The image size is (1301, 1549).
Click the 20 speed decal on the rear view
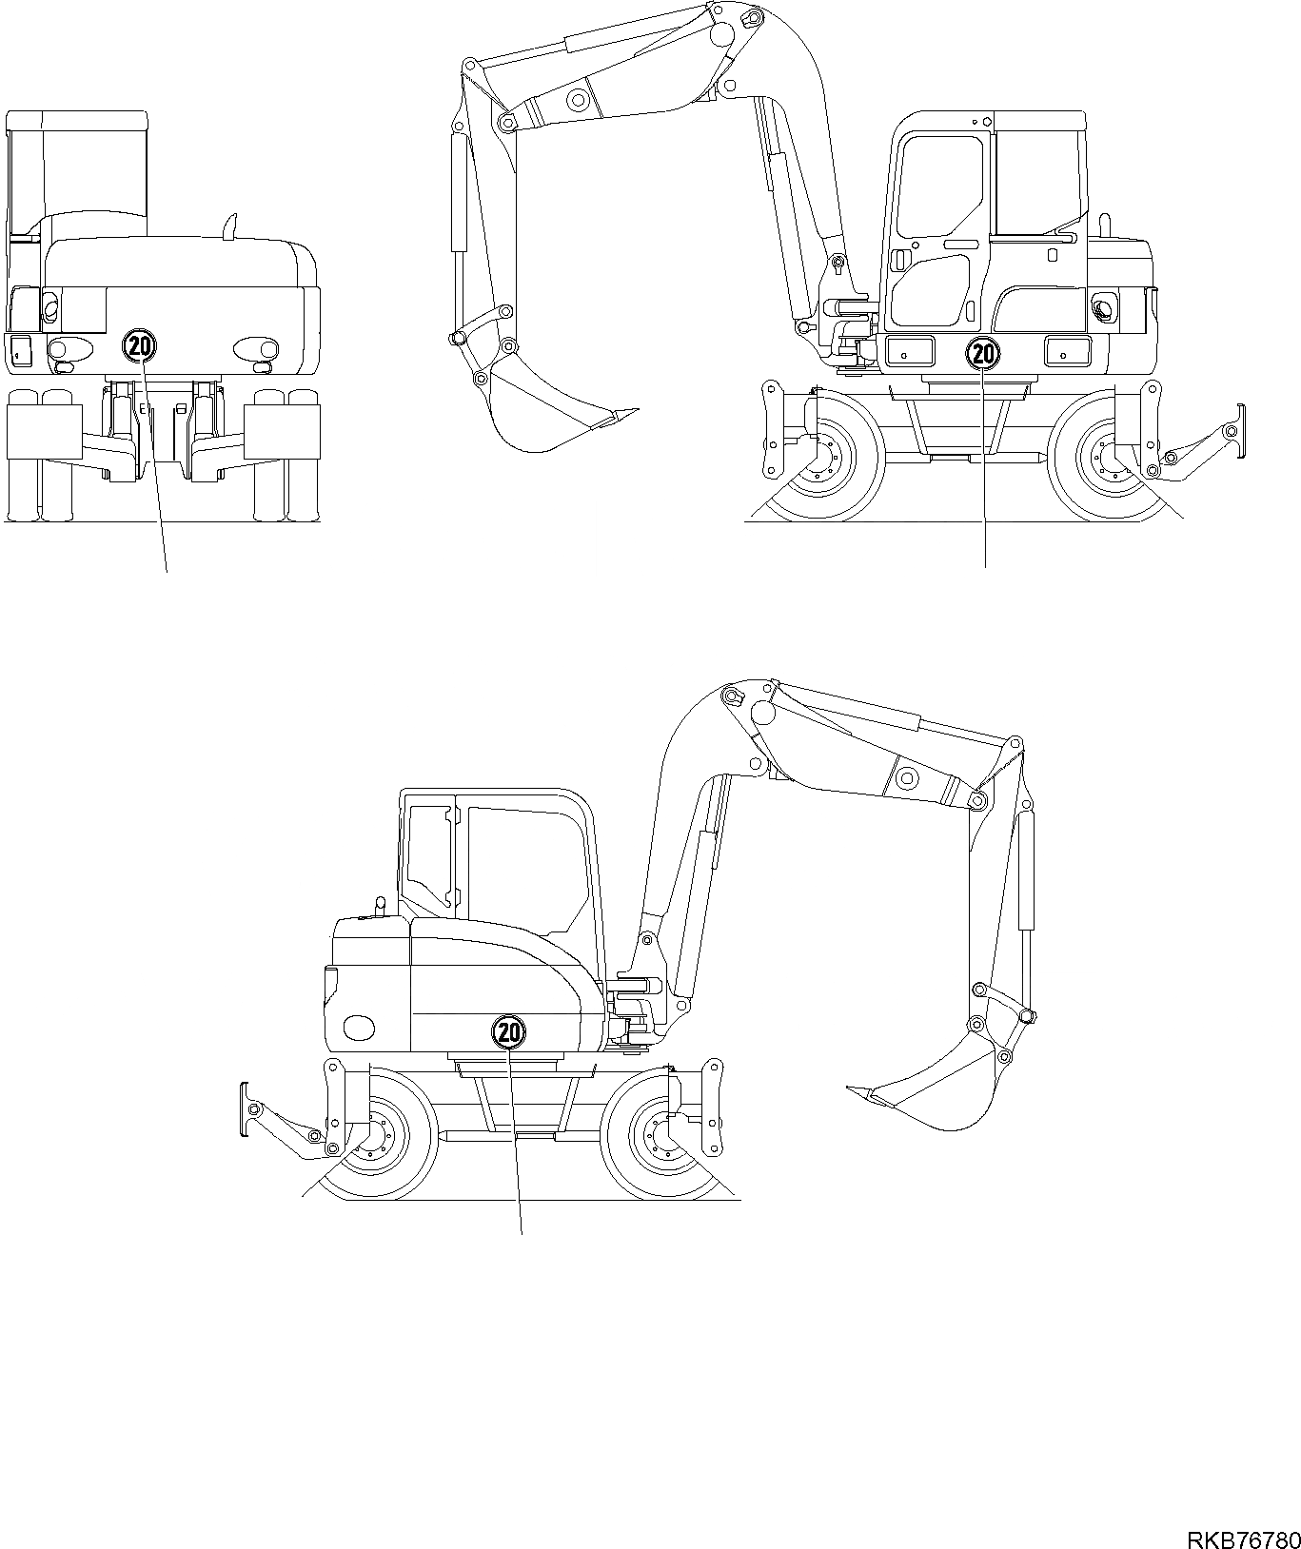tap(139, 345)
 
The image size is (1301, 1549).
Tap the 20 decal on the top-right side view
tap(983, 355)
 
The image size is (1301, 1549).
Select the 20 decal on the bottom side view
tap(508, 1030)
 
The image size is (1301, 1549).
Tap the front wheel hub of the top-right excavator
tap(822, 459)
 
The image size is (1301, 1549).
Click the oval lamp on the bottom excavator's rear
tap(359, 1028)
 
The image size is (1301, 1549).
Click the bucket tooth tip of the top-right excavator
tap(633, 411)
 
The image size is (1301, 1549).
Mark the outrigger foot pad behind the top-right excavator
tap(1238, 432)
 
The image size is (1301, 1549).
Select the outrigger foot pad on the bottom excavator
tap(245, 1109)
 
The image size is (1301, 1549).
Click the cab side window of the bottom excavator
tap(523, 861)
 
